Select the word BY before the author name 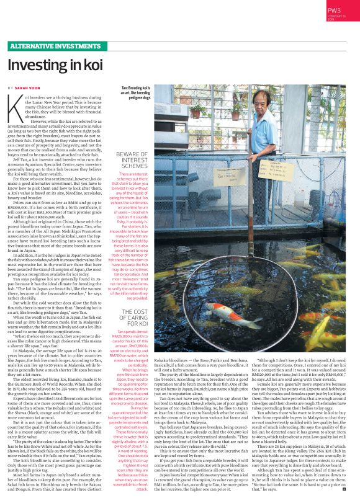(11, 89)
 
